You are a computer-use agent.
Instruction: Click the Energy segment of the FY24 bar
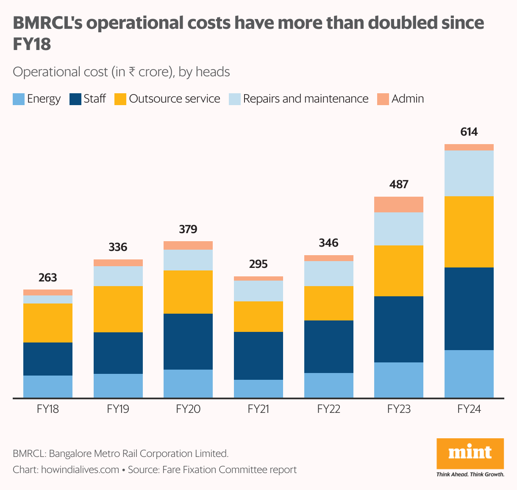469,373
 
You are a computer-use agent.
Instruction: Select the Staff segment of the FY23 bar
398,329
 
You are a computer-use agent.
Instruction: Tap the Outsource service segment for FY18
48,323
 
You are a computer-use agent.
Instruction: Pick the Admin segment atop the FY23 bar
398,204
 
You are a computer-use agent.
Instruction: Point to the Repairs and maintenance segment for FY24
469,173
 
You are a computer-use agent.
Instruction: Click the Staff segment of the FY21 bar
258,355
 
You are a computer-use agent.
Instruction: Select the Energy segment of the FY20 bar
188,383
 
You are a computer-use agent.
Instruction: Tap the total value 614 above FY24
469,132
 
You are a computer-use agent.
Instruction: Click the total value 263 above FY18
47,278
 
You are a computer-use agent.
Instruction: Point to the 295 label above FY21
258,264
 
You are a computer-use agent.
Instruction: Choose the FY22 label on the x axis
328,409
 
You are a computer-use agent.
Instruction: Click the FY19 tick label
118,409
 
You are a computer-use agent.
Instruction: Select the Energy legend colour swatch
19,99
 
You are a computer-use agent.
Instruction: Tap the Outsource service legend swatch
120,99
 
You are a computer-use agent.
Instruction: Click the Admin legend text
407,99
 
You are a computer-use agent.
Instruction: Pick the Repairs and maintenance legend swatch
235,99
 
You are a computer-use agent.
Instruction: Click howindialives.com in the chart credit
80,470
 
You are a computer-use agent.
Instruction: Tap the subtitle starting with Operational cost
121,72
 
